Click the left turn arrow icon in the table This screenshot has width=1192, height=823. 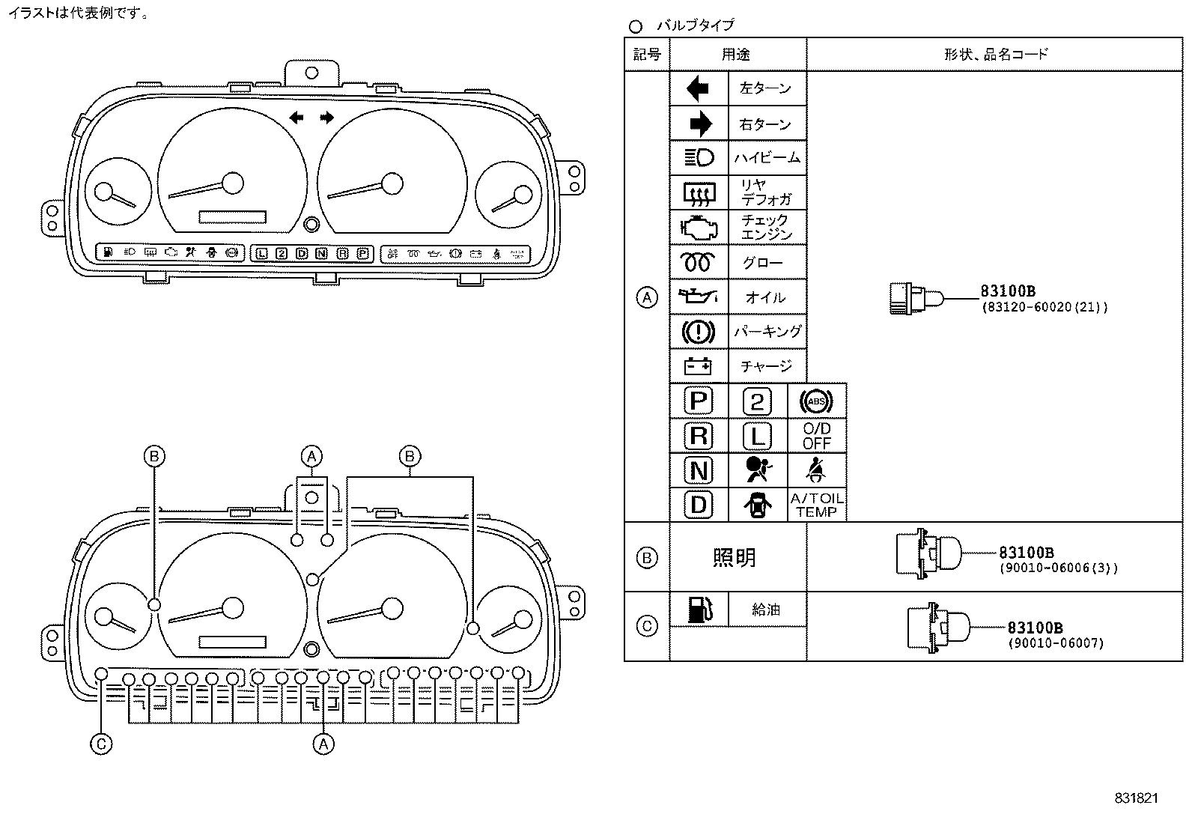point(698,89)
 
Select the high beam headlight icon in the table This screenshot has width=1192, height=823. point(699,157)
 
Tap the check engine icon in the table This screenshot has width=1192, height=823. point(699,226)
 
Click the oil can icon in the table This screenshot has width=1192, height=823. point(699,297)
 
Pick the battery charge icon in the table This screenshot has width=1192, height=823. point(699,366)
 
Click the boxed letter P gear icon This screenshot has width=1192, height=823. point(698,401)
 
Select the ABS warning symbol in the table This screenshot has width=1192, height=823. point(816,401)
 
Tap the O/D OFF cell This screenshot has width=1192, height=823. point(816,436)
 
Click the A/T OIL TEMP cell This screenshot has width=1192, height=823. point(816,505)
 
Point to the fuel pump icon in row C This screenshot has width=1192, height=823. point(698,610)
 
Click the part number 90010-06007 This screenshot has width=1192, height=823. point(1056,643)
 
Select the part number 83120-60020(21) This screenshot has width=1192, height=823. point(1044,307)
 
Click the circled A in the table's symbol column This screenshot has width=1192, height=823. point(647,297)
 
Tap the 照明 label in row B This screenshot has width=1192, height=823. point(735,557)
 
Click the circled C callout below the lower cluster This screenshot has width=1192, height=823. point(100,744)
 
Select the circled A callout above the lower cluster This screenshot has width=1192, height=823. point(312,456)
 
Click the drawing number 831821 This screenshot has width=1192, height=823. point(1136,798)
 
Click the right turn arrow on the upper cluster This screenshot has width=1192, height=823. point(326,117)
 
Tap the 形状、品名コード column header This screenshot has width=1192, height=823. point(995,54)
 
